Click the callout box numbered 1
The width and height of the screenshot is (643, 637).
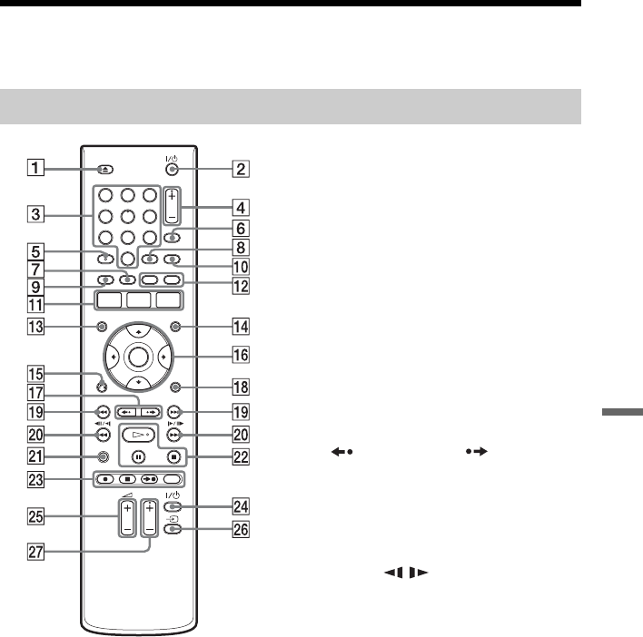(x=35, y=168)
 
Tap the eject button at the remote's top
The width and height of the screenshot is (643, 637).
(x=105, y=169)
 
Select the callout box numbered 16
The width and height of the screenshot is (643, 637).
(x=241, y=355)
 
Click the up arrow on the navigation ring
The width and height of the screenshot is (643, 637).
(x=139, y=331)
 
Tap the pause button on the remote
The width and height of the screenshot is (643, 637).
(x=139, y=456)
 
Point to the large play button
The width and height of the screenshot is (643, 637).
(x=139, y=435)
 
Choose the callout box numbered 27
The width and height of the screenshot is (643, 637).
(x=35, y=552)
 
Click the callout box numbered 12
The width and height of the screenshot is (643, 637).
(x=241, y=286)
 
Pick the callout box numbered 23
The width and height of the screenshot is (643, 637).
(x=35, y=479)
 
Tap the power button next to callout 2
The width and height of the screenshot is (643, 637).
(x=172, y=169)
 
